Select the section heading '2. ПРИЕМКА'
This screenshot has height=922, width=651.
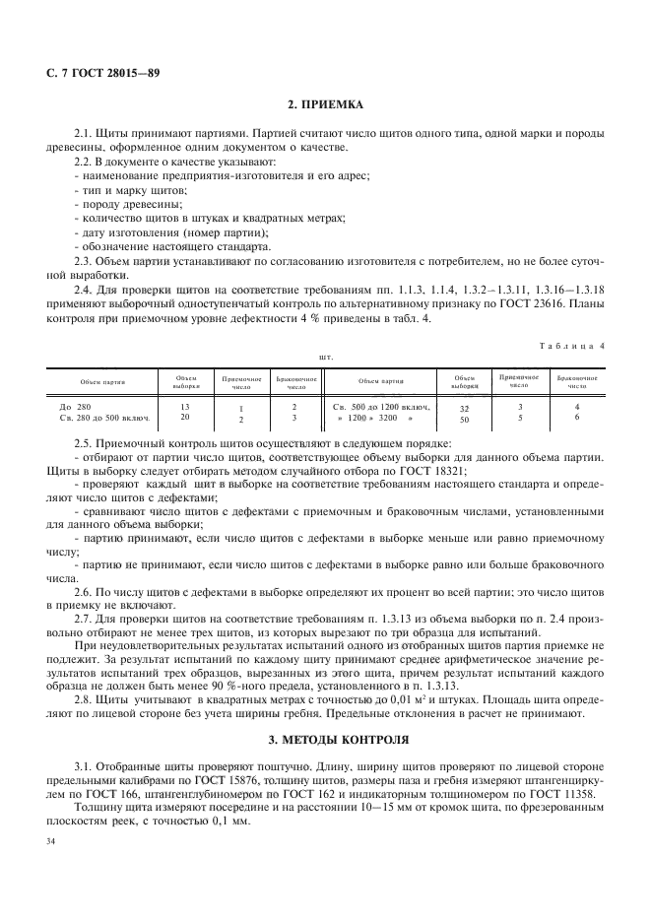pyautogui.click(x=325, y=102)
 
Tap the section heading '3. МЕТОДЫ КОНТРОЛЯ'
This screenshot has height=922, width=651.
pyautogui.click(x=325, y=738)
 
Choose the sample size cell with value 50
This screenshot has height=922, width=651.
pyautogui.click(x=463, y=419)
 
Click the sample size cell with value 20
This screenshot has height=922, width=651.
pyautogui.click(x=186, y=417)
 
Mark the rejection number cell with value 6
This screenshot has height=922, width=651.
pyautogui.click(x=576, y=418)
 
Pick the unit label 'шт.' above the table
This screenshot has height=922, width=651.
pyautogui.click(x=325, y=357)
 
